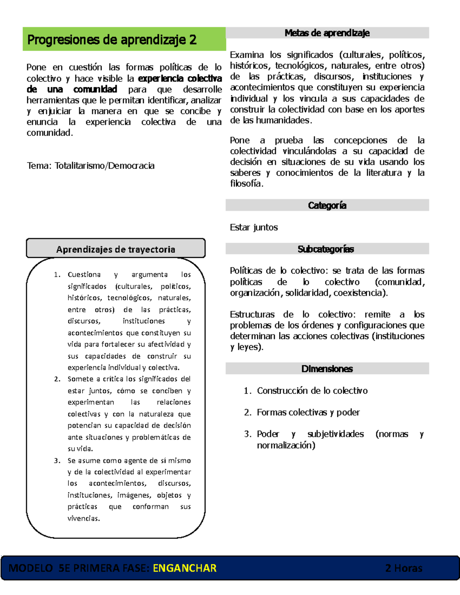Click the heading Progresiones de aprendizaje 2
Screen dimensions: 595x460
(x=112, y=40)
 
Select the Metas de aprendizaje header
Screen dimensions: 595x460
(x=327, y=33)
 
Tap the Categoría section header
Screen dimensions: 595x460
(x=327, y=205)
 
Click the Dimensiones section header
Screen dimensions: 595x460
(x=327, y=369)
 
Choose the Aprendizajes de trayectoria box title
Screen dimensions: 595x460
(x=115, y=249)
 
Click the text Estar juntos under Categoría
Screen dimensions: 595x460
(x=254, y=227)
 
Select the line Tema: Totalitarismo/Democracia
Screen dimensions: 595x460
(x=91, y=166)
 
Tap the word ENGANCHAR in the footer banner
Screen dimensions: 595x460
(x=184, y=568)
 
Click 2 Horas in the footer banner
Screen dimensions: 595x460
(x=404, y=568)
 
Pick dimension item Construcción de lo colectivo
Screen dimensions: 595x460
(x=312, y=390)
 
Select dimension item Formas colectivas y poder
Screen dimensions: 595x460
(x=308, y=412)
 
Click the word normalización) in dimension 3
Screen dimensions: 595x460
(x=286, y=445)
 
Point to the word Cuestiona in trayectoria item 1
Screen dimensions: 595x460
(x=84, y=275)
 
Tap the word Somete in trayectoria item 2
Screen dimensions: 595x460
(x=80, y=379)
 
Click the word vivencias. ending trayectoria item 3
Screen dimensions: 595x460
(x=84, y=518)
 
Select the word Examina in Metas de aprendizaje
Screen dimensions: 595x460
(x=247, y=55)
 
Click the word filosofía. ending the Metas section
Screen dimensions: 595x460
(x=246, y=184)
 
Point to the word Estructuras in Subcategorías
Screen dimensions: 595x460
(x=252, y=315)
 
